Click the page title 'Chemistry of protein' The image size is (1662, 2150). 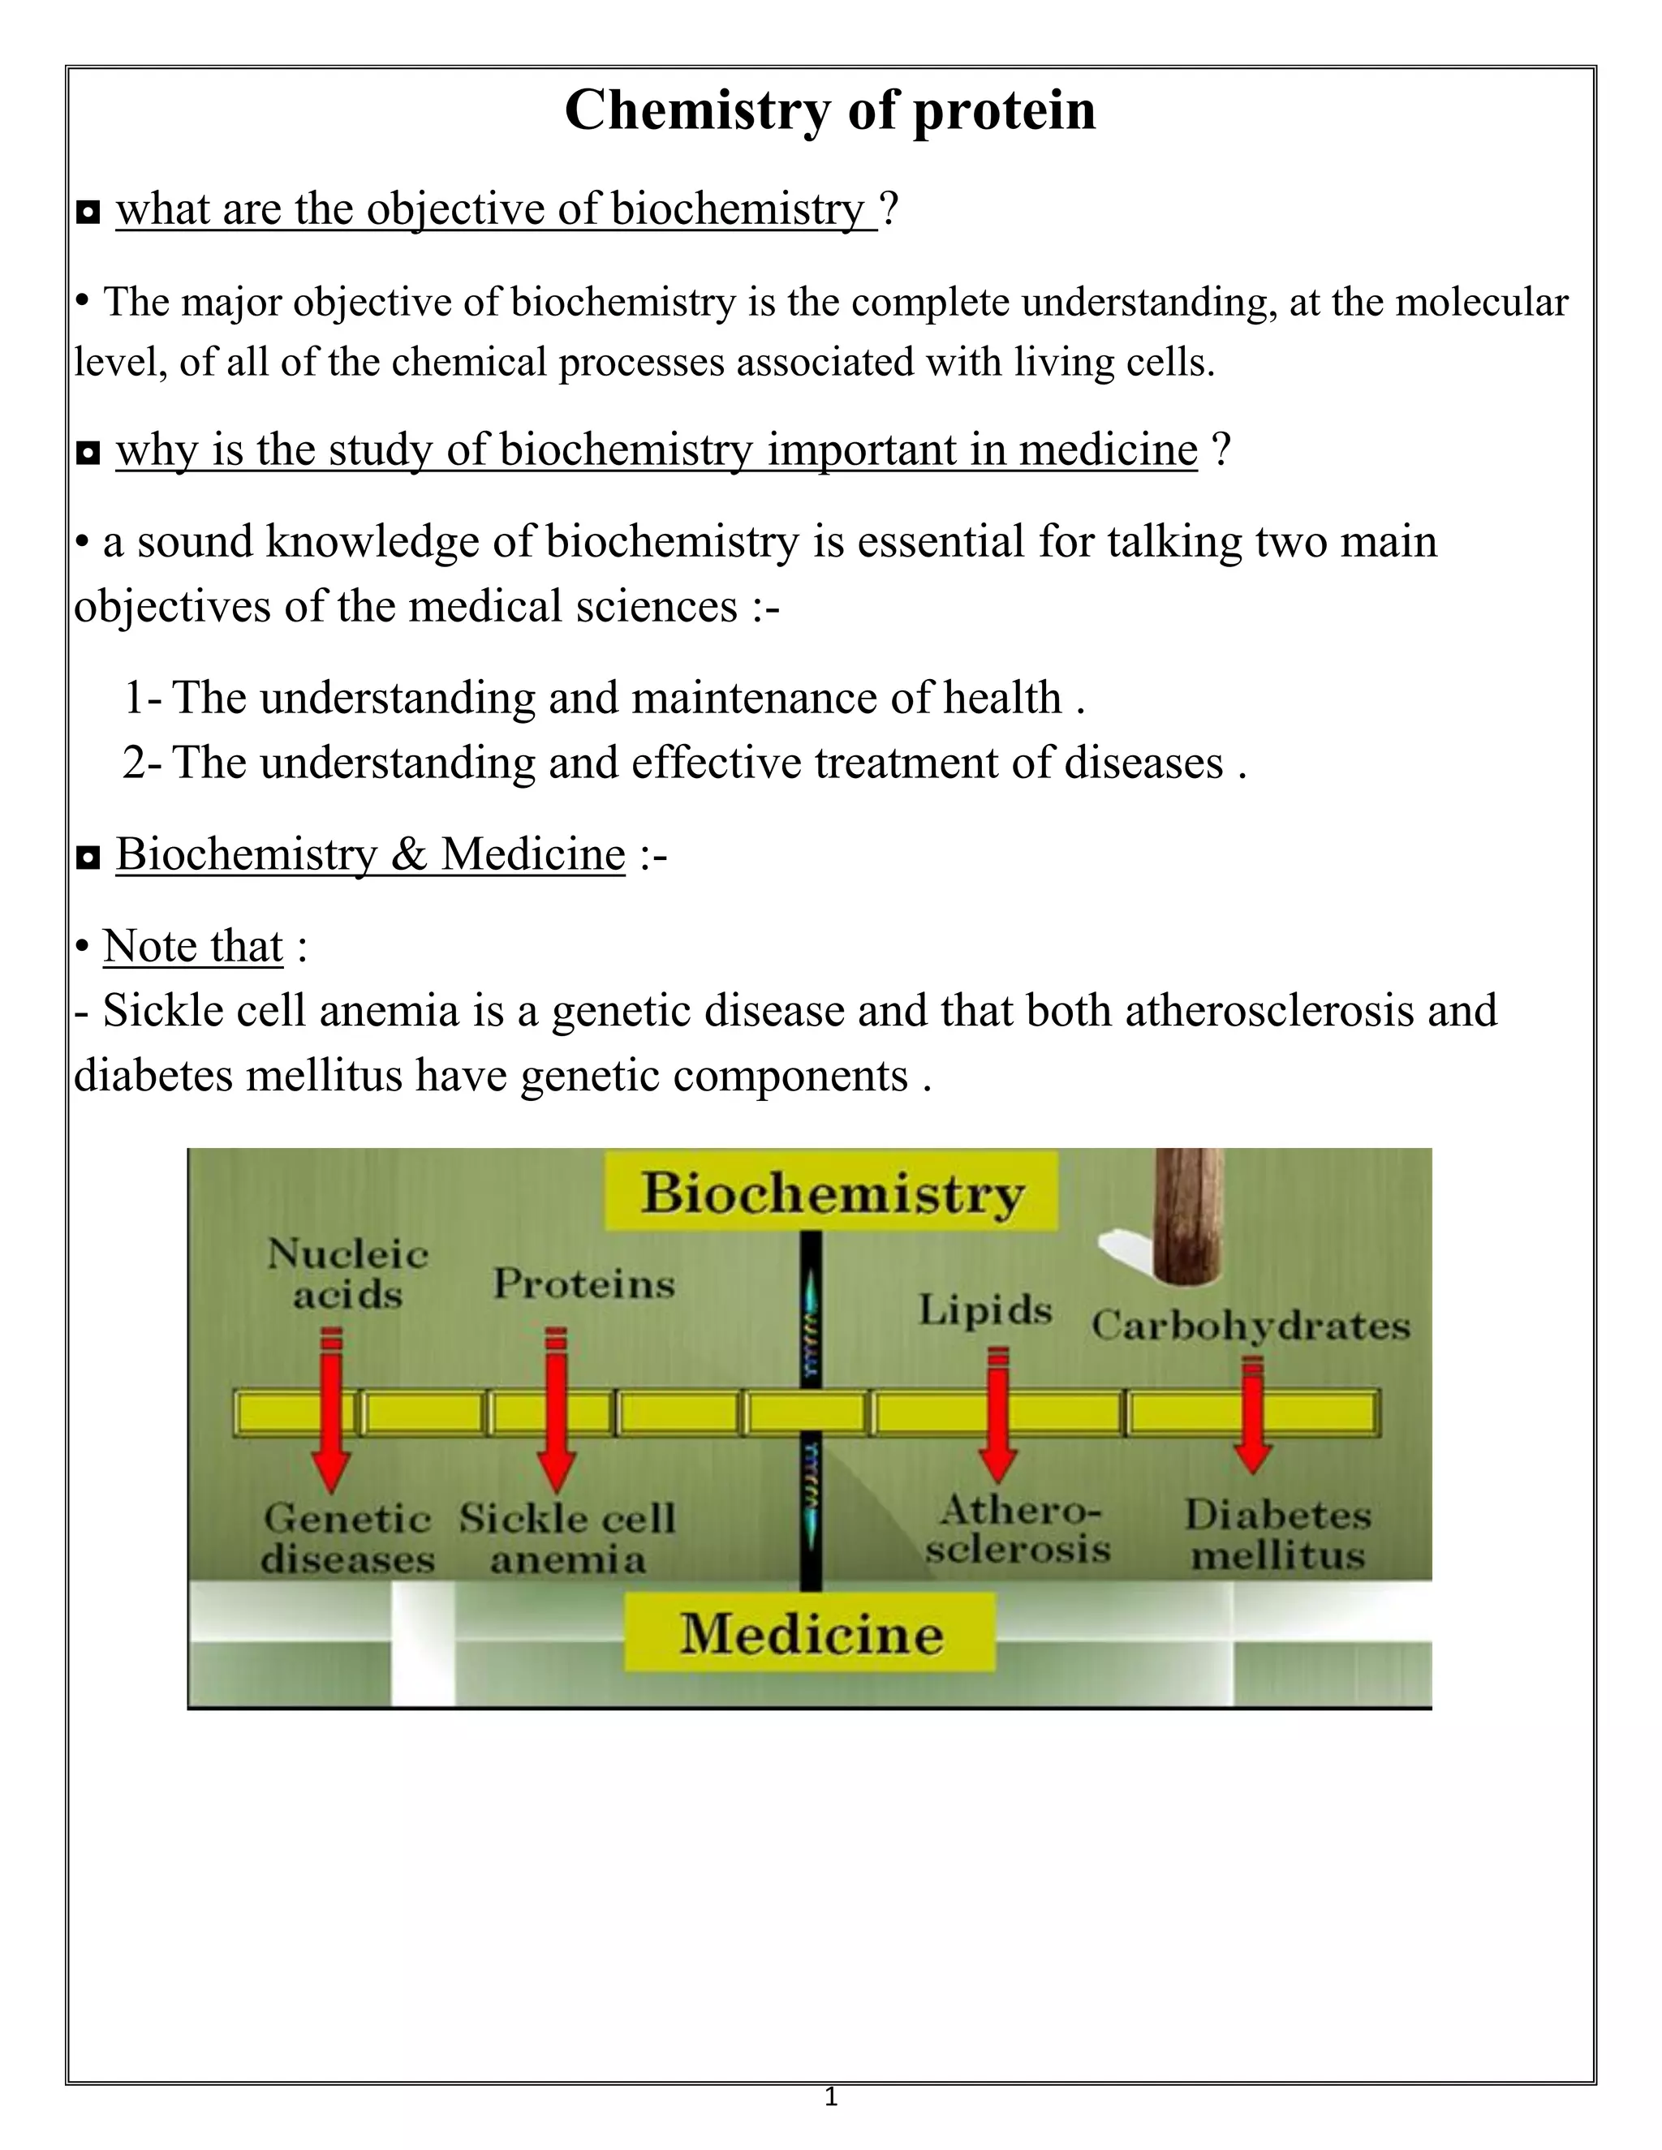click(x=830, y=110)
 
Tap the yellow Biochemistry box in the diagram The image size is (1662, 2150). click(x=832, y=1192)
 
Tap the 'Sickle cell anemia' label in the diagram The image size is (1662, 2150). click(x=568, y=1537)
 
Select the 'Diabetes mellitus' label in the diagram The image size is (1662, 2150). click(x=1277, y=1535)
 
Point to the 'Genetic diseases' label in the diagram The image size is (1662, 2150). click(x=347, y=1537)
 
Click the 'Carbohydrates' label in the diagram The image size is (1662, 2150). click(x=1251, y=1326)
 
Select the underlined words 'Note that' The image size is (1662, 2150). click(x=193, y=946)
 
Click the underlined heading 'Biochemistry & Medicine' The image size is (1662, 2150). click(x=370, y=854)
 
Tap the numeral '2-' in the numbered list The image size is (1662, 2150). click(x=143, y=763)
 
